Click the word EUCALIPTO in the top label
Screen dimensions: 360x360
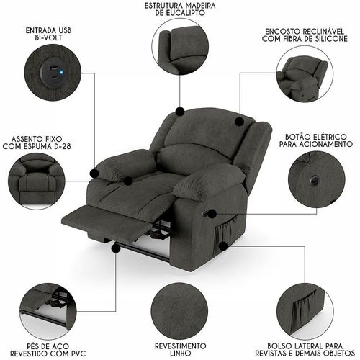pyautogui.click(x=180, y=13)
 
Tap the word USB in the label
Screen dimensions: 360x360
pyautogui.click(x=63, y=31)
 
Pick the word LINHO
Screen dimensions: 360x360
pyautogui.click(x=181, y=354)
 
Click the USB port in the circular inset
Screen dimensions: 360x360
pyautogui.click(x=53, y=70)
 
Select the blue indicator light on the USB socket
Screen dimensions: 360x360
pyautogui.click(x=61, y=72)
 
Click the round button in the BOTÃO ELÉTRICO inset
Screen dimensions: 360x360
pyautogui.click(x=314, y=179)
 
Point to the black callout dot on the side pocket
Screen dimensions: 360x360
pyautogui.click(x=223, y=246)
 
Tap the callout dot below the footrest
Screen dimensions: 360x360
pyautogui.click(x=116, y=248)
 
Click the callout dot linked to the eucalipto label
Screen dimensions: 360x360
pyautogui.click(x=180, y=112)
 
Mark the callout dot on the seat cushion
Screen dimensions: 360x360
pyautogui.click(x=128, y=181)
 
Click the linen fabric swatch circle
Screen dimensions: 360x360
pyautogui.click(x=180, y=310)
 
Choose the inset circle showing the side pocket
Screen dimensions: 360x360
pyautogui.click(x=305, y=312)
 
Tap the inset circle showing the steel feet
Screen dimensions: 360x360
pyautogui.click(x=48, y=311)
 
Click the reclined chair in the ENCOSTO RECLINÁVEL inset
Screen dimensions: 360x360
pyautogui.click(x=302, y=77)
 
